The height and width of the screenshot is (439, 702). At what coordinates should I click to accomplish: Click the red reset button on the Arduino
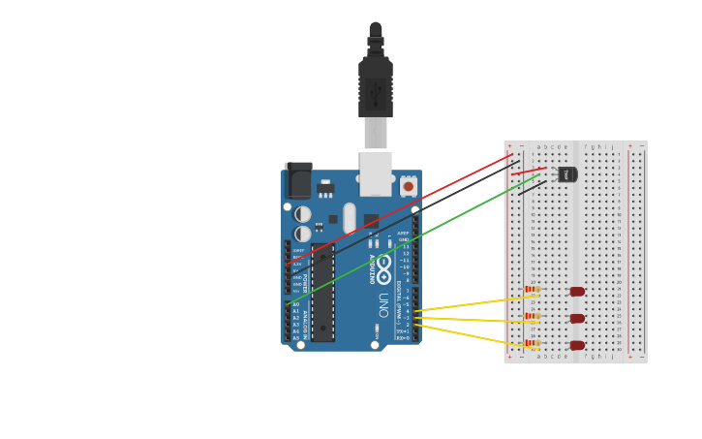point(408,186)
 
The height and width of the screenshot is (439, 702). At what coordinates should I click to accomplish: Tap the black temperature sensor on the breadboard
point(567,174)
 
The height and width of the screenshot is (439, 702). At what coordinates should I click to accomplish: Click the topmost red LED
point(577,292)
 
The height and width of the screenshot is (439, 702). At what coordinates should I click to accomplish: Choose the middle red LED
point(577,319)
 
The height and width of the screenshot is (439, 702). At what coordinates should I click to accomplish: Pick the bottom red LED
point(577,346)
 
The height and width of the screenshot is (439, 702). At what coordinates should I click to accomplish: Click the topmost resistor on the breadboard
point(531,289)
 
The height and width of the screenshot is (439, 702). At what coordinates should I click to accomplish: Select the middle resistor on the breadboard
point(531,316)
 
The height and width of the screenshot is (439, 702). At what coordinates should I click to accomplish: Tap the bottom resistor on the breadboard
point(531,343)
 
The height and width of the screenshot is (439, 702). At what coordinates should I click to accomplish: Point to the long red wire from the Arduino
point(407,206)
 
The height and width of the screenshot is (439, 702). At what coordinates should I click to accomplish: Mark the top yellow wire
point(470,303)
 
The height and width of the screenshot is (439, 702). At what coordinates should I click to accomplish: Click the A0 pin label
point(296,304)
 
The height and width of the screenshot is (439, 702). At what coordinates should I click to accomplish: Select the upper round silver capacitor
point(303,214)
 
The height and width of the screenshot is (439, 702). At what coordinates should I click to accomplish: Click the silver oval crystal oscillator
point(350,217)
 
